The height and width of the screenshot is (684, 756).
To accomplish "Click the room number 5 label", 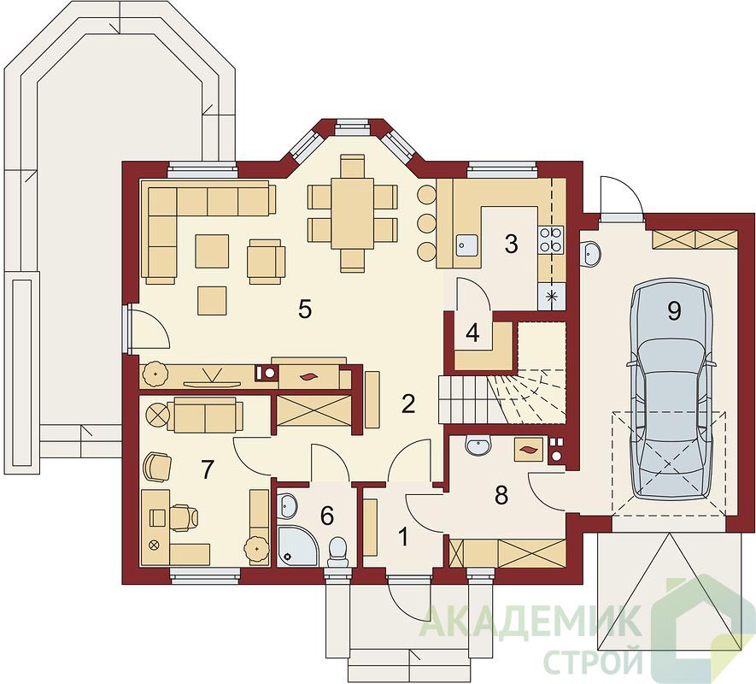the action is coord(305,309).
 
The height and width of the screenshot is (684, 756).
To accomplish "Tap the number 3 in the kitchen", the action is coord(511,244).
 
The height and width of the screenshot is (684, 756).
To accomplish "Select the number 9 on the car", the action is coord(674,311).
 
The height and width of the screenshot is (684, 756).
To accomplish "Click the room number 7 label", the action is coord(208,469).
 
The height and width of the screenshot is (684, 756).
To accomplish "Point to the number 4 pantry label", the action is coord(472,333).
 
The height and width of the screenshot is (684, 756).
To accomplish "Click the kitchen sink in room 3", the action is coord(466,245).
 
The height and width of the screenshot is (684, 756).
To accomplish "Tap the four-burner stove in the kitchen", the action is coord(551,239).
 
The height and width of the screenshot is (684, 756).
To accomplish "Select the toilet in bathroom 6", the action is coord(337,552).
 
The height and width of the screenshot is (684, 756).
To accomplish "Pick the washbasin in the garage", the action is coord(591,253).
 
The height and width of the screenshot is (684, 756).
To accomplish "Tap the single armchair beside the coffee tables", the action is coord(267,261).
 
